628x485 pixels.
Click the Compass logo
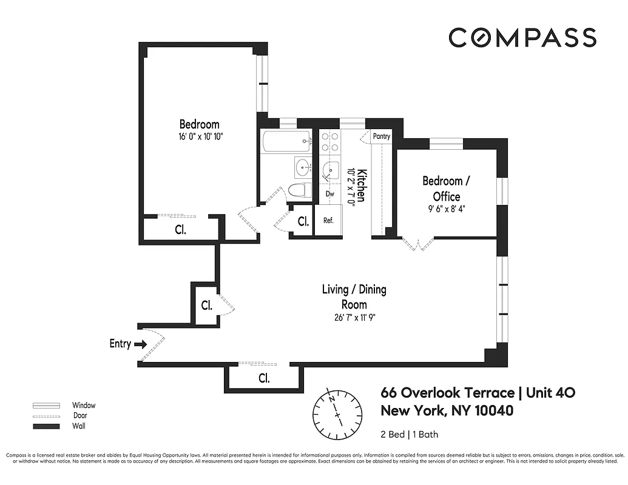[x=522, y=38]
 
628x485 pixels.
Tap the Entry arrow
[x=140, y=344]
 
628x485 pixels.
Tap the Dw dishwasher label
[x=329, y=194]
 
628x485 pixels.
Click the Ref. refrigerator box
[x=328, y=221]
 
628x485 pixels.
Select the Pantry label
[x=381, y=136]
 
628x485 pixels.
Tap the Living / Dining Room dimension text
[x=354, y=318]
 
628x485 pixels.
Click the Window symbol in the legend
[x=47, y=405]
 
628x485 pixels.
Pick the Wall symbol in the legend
[x=47, y=426]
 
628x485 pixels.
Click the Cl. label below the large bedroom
[x=180, y=230]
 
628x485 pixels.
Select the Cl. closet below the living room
[x=264, y=378]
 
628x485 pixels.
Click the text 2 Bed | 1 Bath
[x=410, y=434]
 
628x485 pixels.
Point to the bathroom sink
[x=302, y=166]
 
